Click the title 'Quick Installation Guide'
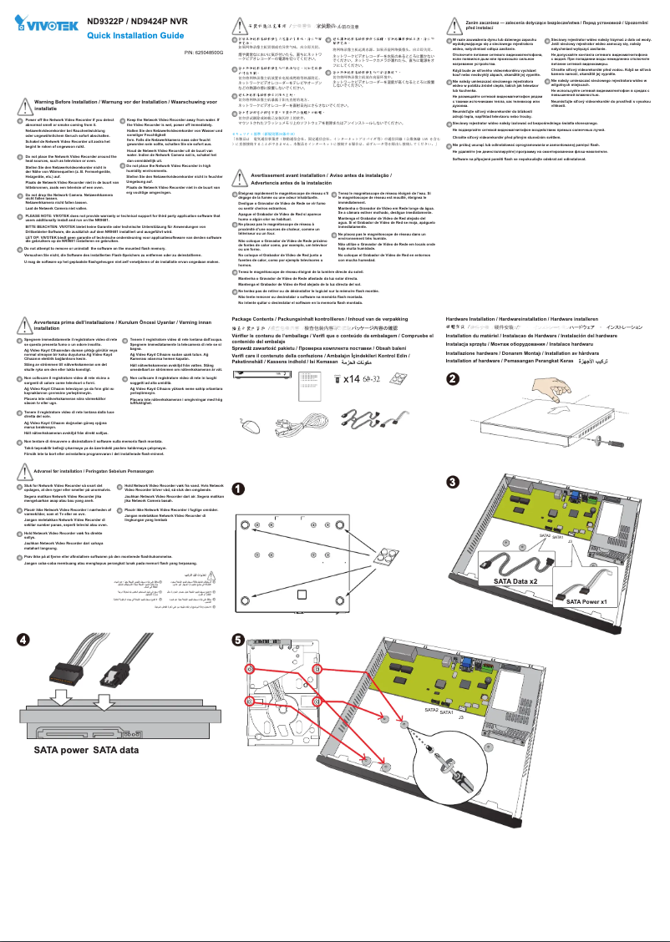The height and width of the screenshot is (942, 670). point(135,36)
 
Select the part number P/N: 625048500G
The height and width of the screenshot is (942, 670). point(204,53)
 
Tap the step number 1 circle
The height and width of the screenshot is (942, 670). point(238,489)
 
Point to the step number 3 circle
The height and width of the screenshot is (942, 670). point(452,483)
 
